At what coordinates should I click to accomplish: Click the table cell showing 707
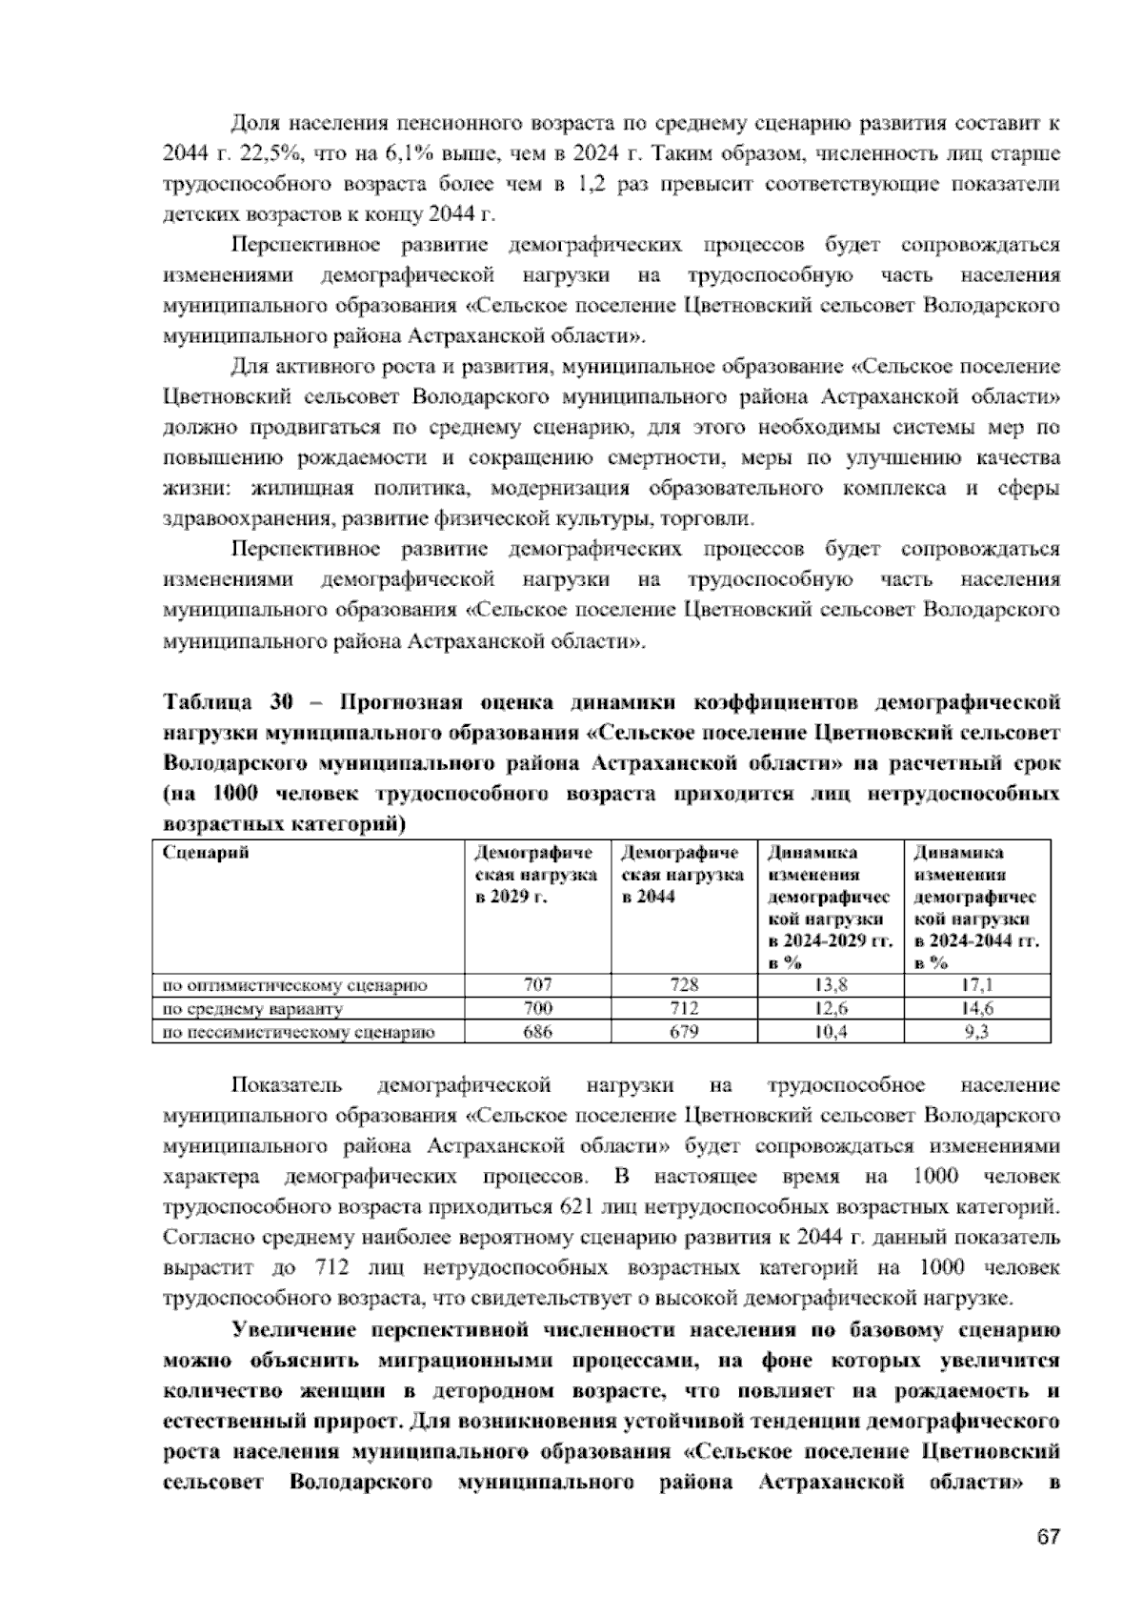tap(537, 985)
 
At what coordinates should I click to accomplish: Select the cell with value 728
tap(684, 985)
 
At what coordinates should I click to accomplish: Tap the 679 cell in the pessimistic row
tap(684, 1032)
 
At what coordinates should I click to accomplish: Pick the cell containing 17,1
tap(976, 985)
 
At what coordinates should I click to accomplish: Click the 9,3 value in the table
tap(976, 1032)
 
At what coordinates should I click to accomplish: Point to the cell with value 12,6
tap(830, 1008)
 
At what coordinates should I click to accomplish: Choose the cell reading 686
tap(537, 1032)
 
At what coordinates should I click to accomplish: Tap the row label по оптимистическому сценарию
tap(295, 985)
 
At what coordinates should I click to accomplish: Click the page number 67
tap(1048, 1538)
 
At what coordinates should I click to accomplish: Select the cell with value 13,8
tap(830, 985)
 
